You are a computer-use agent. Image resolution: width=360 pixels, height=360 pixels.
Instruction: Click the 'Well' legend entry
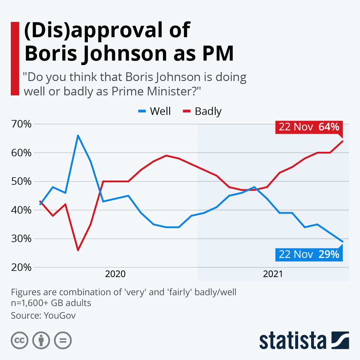click(154, 111)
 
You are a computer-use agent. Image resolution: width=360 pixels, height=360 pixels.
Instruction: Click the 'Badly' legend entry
click(202, 111)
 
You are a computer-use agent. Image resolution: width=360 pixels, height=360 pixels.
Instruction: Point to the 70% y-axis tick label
click(21, 124)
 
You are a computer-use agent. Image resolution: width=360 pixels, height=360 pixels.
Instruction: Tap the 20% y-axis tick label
click(21, 267)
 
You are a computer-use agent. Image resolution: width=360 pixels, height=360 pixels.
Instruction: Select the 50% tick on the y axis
click(21, 181)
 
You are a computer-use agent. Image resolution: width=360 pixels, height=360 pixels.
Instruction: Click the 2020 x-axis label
click(115, 274)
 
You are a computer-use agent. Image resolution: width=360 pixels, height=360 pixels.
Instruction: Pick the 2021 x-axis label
click(273, 274)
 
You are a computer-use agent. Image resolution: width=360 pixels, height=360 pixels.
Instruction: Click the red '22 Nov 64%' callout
click(309, 127)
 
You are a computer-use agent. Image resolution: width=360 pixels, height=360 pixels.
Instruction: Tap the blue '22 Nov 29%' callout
click(309, 254)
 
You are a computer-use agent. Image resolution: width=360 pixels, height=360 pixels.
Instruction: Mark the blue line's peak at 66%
click(78, 135)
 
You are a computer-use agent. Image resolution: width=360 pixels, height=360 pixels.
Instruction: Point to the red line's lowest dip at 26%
click(78, 250)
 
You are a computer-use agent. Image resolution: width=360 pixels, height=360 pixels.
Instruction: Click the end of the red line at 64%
click(343, 141)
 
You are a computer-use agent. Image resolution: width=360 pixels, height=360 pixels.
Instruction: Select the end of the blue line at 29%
click(343, 241)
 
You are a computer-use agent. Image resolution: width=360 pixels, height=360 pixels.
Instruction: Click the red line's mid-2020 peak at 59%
click(166, 155)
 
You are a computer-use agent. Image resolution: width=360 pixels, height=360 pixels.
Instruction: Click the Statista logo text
click(292, 341)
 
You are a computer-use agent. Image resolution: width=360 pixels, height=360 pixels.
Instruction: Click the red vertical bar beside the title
click(15, 58)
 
